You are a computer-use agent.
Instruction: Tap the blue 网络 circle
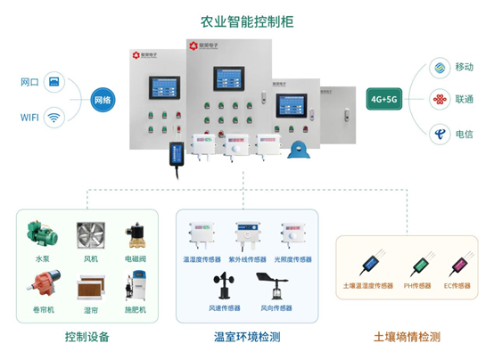[103, 101]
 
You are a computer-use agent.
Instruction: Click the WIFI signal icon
[55, 117]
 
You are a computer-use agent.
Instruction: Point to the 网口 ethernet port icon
[55, 83]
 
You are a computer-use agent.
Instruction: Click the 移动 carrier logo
[437, 67]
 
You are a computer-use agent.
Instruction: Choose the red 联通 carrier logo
[437, 99]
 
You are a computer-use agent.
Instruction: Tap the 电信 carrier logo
[437, 133]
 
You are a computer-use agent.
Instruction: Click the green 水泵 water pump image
[43, 234]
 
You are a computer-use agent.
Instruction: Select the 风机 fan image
[90, 235]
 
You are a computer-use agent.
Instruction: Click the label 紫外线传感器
[247, 259]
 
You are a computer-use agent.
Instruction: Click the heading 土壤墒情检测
[407, 337]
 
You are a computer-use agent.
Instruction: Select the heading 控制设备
[88, 337]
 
